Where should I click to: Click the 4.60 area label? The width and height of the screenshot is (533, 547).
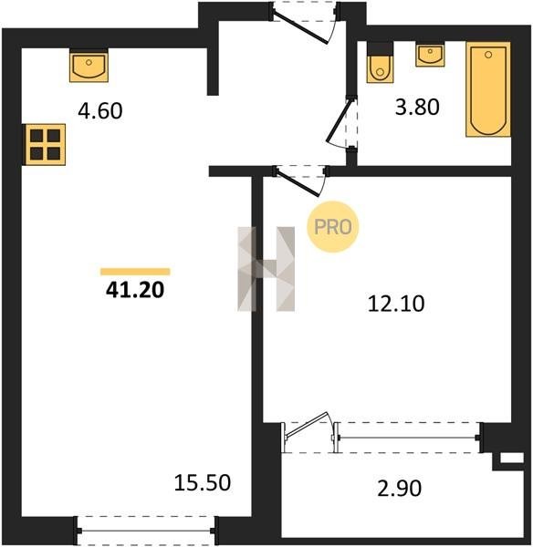click(x=100, y=110)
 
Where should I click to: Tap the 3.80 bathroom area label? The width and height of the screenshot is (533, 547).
click(x=417, y=107)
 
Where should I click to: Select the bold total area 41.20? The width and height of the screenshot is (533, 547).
click(x=135, y=290)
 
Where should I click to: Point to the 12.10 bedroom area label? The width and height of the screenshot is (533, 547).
click(x=396, y=304)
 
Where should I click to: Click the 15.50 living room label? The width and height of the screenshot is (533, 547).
click(x=203, y=483)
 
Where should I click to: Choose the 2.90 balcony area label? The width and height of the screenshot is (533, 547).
click(x=399, y=488)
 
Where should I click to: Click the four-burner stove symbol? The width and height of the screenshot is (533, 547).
click(x=46, y=144)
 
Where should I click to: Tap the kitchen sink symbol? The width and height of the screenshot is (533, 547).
click(x=89, y=66)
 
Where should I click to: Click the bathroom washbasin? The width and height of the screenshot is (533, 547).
click(x=430, y=55)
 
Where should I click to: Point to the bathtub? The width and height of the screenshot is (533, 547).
click(x=488, y=89)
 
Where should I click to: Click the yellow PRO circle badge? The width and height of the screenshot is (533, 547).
click(x=333, y=227)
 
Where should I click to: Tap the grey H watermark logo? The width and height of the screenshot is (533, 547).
click(x=266, y=269)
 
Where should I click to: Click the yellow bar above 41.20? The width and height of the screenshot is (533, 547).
click(x=135, y=272)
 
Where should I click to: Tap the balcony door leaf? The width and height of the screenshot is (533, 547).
click(x=307, y=425)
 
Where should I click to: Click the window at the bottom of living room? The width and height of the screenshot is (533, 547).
click(x=147, y=531)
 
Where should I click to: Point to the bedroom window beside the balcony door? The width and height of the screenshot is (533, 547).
click(x=408, y=438)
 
